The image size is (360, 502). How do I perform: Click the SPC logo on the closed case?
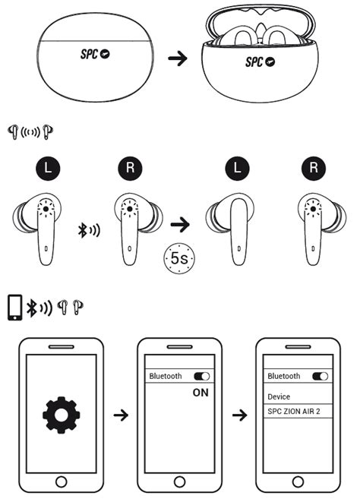(96, 55)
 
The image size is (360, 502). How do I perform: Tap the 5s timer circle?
(180, 259)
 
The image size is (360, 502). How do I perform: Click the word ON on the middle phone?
(201, 393)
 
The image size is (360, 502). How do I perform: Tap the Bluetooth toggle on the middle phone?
(203, 376)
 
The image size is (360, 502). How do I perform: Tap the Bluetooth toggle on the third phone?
(321, 376)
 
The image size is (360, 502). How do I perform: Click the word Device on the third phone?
(278, 396)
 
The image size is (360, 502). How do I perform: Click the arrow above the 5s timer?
(180, 225)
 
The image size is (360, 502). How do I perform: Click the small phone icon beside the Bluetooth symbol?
(14, 308)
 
